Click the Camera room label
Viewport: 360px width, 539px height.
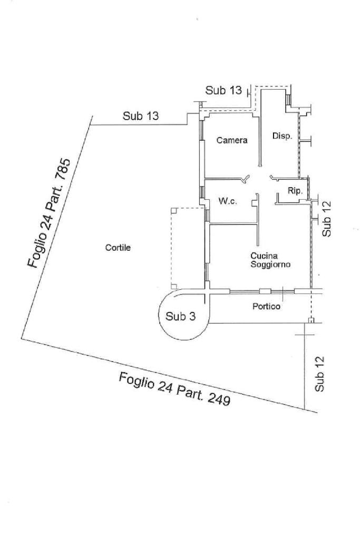[232, 141]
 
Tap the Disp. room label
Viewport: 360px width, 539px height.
[282, 136]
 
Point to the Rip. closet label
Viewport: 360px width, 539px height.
[295, 191]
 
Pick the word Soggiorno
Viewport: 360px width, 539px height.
[270, 265]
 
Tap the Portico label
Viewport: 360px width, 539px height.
[266, 306]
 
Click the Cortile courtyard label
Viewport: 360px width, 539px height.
[118, 248]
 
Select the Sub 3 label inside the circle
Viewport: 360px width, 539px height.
[180, 316]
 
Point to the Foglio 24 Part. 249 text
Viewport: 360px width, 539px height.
[174, 388]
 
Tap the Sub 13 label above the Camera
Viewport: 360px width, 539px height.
[223, 91]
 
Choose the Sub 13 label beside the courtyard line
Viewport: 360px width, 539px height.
[141, 116]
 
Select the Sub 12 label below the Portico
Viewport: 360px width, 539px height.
[320, 374]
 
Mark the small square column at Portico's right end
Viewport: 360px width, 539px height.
[311, 320]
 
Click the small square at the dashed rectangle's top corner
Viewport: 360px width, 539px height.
[173, 210]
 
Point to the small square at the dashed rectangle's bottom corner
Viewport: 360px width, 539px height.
[173, 286]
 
